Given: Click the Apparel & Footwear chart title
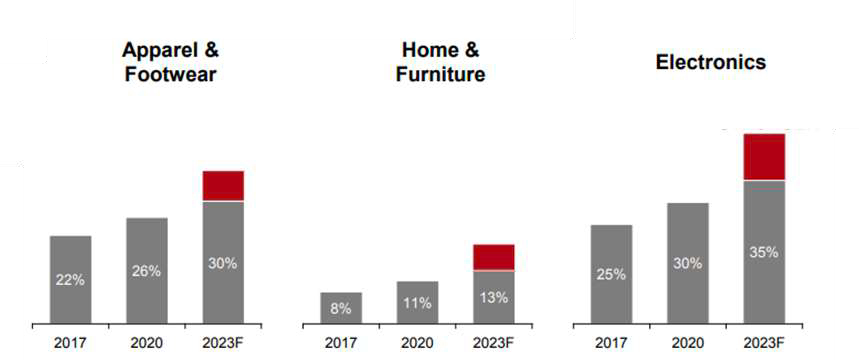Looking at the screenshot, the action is pos(170,62).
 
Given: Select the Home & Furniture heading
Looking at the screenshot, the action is pos(440,62).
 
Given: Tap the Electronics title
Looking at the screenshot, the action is pos(711,62).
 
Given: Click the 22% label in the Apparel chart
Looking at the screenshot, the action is pos(70,279).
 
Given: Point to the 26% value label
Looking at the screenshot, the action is pos(146,271).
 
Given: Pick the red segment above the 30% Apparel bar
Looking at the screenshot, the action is pos(224,186).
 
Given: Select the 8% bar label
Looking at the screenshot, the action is pos(341,308).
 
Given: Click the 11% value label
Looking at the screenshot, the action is pos(417,303).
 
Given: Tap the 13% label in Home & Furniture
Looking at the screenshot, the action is pos(494,298).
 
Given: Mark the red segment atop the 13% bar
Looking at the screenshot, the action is pos(494,257).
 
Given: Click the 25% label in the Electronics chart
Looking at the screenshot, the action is pos(611,274).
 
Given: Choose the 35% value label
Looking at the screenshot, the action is pos(764,253).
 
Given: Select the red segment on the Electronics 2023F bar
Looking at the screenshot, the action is pos(764,157).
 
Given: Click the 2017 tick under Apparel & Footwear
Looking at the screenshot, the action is pos(70,344).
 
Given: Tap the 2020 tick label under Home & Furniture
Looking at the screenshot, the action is pos(417,344).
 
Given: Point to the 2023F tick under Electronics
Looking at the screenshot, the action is pos(764,344).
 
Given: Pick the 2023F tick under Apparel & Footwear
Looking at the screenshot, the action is pos(224,344).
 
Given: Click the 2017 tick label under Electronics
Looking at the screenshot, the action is pos(611,344).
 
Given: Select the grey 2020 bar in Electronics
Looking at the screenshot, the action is pos(688,263).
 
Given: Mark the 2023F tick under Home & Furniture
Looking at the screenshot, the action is pos(494,344).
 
